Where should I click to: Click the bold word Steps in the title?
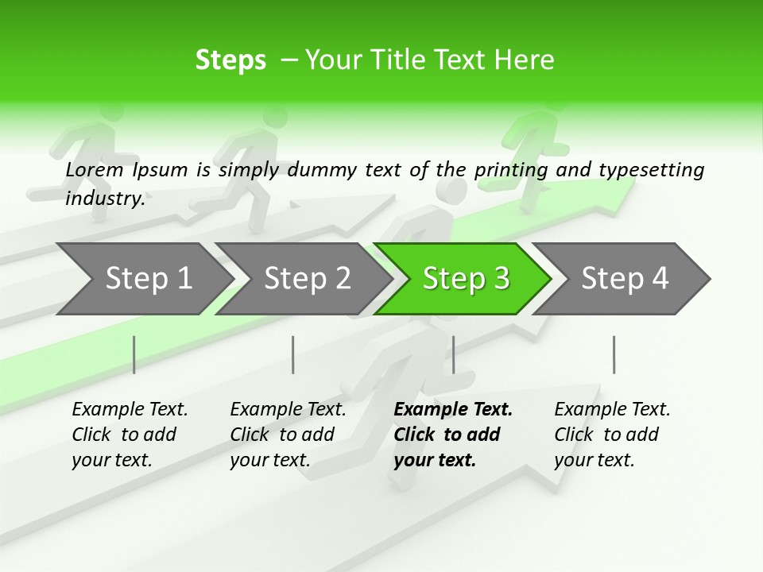point(230,60)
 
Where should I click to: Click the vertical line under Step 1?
point(134,354)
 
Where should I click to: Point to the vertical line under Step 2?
point(293,354)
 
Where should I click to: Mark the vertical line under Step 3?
point(453,354)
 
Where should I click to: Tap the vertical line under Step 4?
point(614,354)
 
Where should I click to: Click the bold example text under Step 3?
point(451,435)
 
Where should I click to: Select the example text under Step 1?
point(130,435)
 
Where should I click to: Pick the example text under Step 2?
point(288,435)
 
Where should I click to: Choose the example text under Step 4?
point(611,435)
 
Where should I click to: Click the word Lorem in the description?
point(95,170)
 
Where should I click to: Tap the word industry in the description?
point(105,198)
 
